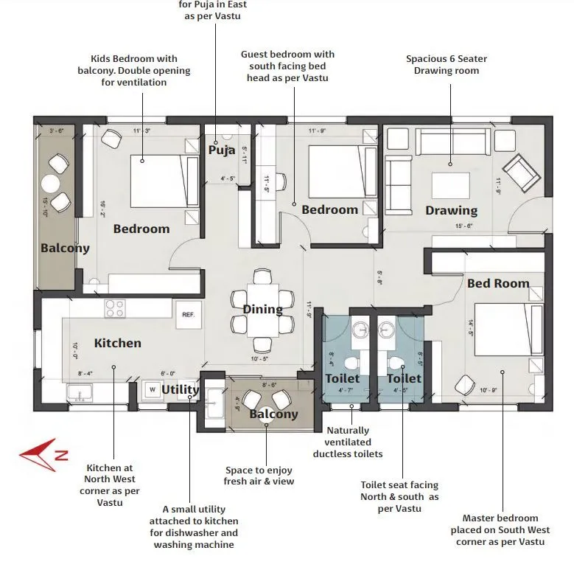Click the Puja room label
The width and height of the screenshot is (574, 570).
tap(221, 150)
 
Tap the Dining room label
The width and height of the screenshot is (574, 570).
tap(262, 309)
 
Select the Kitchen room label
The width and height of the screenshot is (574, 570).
tap(117, 343)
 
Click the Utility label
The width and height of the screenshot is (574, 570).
tap(181, 389)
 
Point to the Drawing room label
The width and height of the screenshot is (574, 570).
tap(451, 210)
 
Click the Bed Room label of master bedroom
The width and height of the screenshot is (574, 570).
tap(498, 283)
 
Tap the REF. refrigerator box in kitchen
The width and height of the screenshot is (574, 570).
tap(187, 315)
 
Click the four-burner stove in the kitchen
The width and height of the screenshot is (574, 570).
tap(114, 308)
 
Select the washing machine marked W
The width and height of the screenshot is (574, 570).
tap(152, 389)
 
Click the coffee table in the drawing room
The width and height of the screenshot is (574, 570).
tap(451, 183)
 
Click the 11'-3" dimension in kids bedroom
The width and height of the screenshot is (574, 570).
tap(141, 131)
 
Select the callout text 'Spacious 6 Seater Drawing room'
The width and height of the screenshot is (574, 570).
tap(446, 65)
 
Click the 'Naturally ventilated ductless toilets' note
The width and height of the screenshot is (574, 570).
tap(348, 442)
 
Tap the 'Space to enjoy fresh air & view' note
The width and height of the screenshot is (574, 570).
tap(258, 476)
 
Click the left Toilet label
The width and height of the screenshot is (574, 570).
tap(342, 378)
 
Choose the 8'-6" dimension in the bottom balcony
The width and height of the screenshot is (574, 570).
tap(269, 385)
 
